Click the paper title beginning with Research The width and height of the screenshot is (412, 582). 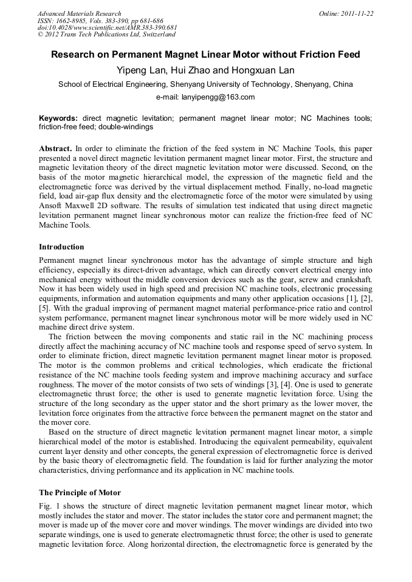[x=205, y=55]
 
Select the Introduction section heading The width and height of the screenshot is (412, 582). [x=61, y=247]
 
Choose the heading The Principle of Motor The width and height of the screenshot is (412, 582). [x=80, y=492]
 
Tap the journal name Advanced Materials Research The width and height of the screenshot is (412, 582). [x=79, y=13]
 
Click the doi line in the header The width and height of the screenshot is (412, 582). [x=107, y=27]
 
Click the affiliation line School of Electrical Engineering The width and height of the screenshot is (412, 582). [x=205, y=84]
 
